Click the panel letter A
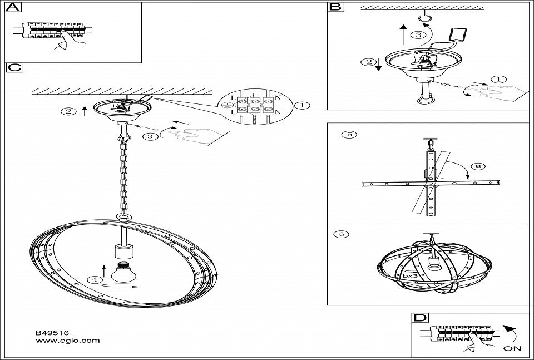14,7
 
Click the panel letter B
334,7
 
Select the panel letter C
14,68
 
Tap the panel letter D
421,318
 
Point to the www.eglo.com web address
67,340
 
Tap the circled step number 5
348,134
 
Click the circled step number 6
343,234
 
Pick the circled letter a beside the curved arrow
477,166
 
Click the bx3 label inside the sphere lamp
411,275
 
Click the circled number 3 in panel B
419,35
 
